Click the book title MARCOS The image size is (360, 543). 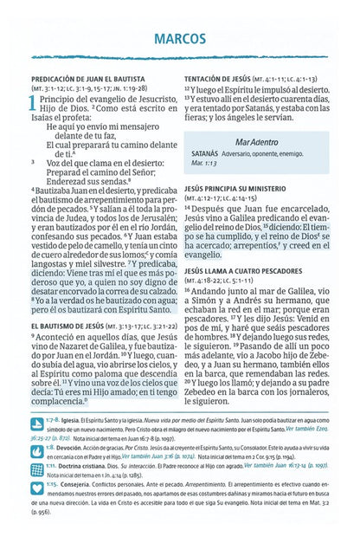click(181, 39)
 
